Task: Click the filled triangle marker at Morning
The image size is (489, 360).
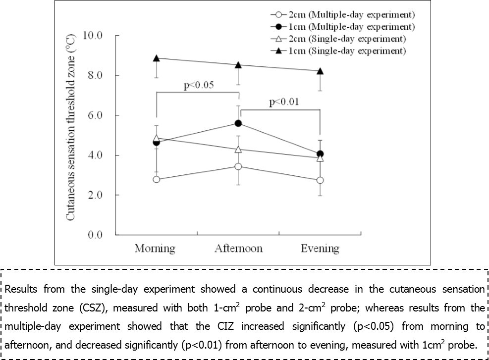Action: tap(157, 58)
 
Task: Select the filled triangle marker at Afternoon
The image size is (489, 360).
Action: tap(238, 65)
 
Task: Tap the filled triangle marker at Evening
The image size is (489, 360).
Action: tap(320, 71)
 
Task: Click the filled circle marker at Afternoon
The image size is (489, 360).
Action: tap(238, 123)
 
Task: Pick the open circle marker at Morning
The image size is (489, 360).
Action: tap(157, 179)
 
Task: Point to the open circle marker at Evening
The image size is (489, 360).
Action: tap(320, 180)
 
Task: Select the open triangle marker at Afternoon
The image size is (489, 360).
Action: tap(238, 149)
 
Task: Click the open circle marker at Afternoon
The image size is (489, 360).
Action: tap(238, 166)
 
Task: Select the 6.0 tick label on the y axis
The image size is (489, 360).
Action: tap(95, 115)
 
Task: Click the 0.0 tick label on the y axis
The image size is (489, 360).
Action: tap(95, 235)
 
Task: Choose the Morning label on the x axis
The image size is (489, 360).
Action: tap(155, 248)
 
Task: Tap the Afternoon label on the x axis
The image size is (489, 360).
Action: tap(238, 248)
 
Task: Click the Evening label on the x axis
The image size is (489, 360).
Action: tap(320, 248)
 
